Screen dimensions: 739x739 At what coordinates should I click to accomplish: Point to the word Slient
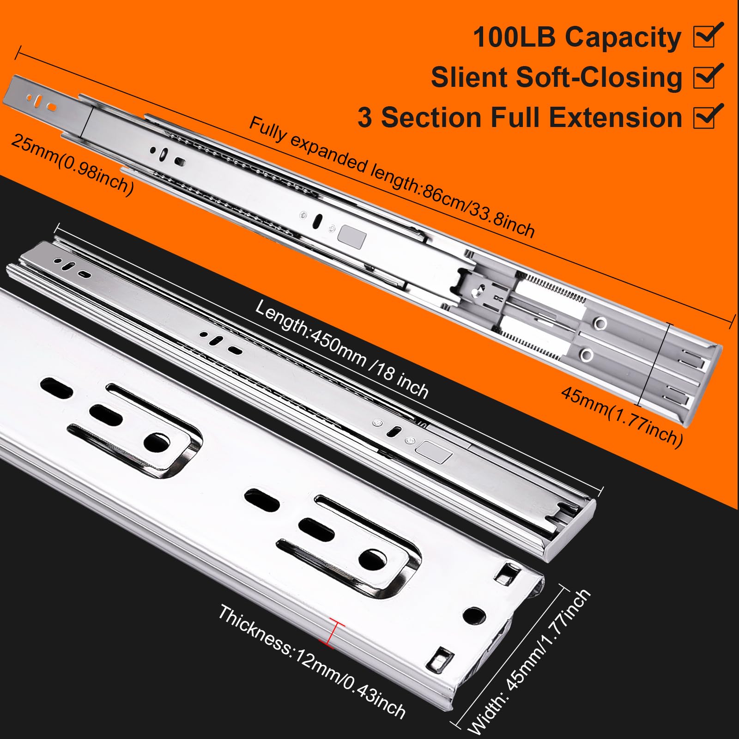[469, 77]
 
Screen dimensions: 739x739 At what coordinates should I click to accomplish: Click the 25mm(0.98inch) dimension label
[72, 164]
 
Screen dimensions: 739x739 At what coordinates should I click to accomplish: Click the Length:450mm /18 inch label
[342, 349]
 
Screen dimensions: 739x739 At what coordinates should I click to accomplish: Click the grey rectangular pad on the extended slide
[352, 236]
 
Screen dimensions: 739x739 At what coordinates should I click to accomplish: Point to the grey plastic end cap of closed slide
[570, 531]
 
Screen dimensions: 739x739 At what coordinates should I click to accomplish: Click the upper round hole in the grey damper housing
[600, 323]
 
